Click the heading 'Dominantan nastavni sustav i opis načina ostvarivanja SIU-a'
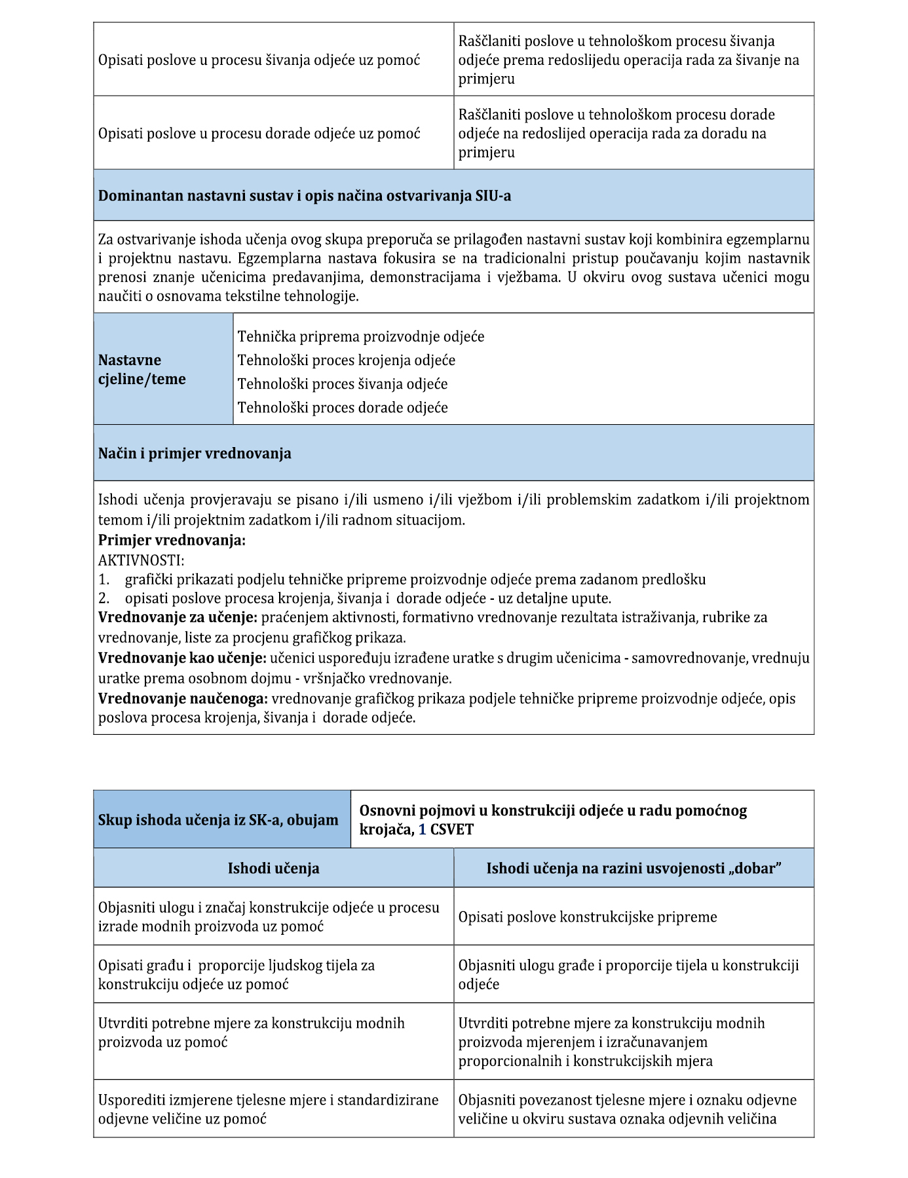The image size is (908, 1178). click(x=304, y=196)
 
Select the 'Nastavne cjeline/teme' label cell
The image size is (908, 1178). click(x=142, y=370)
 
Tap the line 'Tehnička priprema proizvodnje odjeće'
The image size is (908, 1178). click(x=361, y=337)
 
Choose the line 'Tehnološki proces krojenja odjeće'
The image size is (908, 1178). click(x=346, y=361)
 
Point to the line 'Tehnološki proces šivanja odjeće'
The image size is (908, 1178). click(x=343, y=384)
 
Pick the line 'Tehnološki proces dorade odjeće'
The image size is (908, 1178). click(x=343, y=408)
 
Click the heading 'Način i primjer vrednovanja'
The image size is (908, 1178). click(x=195, y=454)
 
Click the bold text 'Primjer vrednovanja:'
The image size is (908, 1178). click(x=172, y=541)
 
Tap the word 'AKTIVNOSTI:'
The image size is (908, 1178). click(x=142, y=560)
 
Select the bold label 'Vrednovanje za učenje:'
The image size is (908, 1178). click(x=178, y=618)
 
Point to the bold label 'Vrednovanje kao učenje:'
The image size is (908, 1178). click(x=182, y=658)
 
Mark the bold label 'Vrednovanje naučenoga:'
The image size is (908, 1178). click(x=183, y=699)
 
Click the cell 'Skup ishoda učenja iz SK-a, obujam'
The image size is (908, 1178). click(x=218, y=820)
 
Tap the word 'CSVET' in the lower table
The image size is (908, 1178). click(x=451, y=830)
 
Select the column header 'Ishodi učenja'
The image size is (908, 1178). click(x=273, y=869)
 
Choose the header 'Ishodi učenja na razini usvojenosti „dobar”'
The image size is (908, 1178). click(x=634, y=869)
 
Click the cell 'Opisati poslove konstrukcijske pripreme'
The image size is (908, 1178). click(x=588, y=917)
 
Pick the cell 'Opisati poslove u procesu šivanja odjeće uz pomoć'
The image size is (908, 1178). click(x=259, y=60)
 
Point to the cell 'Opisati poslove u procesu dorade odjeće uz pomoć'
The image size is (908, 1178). click(x=259, y=134)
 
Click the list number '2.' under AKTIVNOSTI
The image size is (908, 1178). click(x=104, y=599)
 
